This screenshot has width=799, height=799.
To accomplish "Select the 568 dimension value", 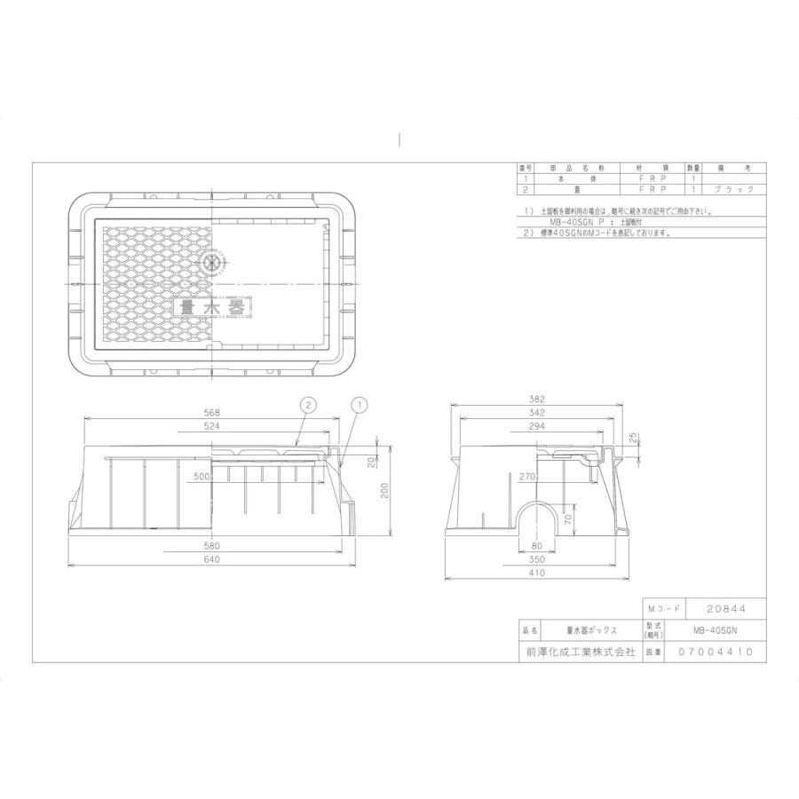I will [211, 413].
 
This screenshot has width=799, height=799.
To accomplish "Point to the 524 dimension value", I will [211, 426].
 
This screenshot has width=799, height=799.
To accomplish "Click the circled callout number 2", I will [306, 405].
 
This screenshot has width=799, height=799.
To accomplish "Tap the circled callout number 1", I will [360, 405].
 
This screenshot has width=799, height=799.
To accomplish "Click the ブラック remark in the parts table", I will [734, 189].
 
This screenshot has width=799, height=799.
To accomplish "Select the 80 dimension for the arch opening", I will [535, 546].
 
